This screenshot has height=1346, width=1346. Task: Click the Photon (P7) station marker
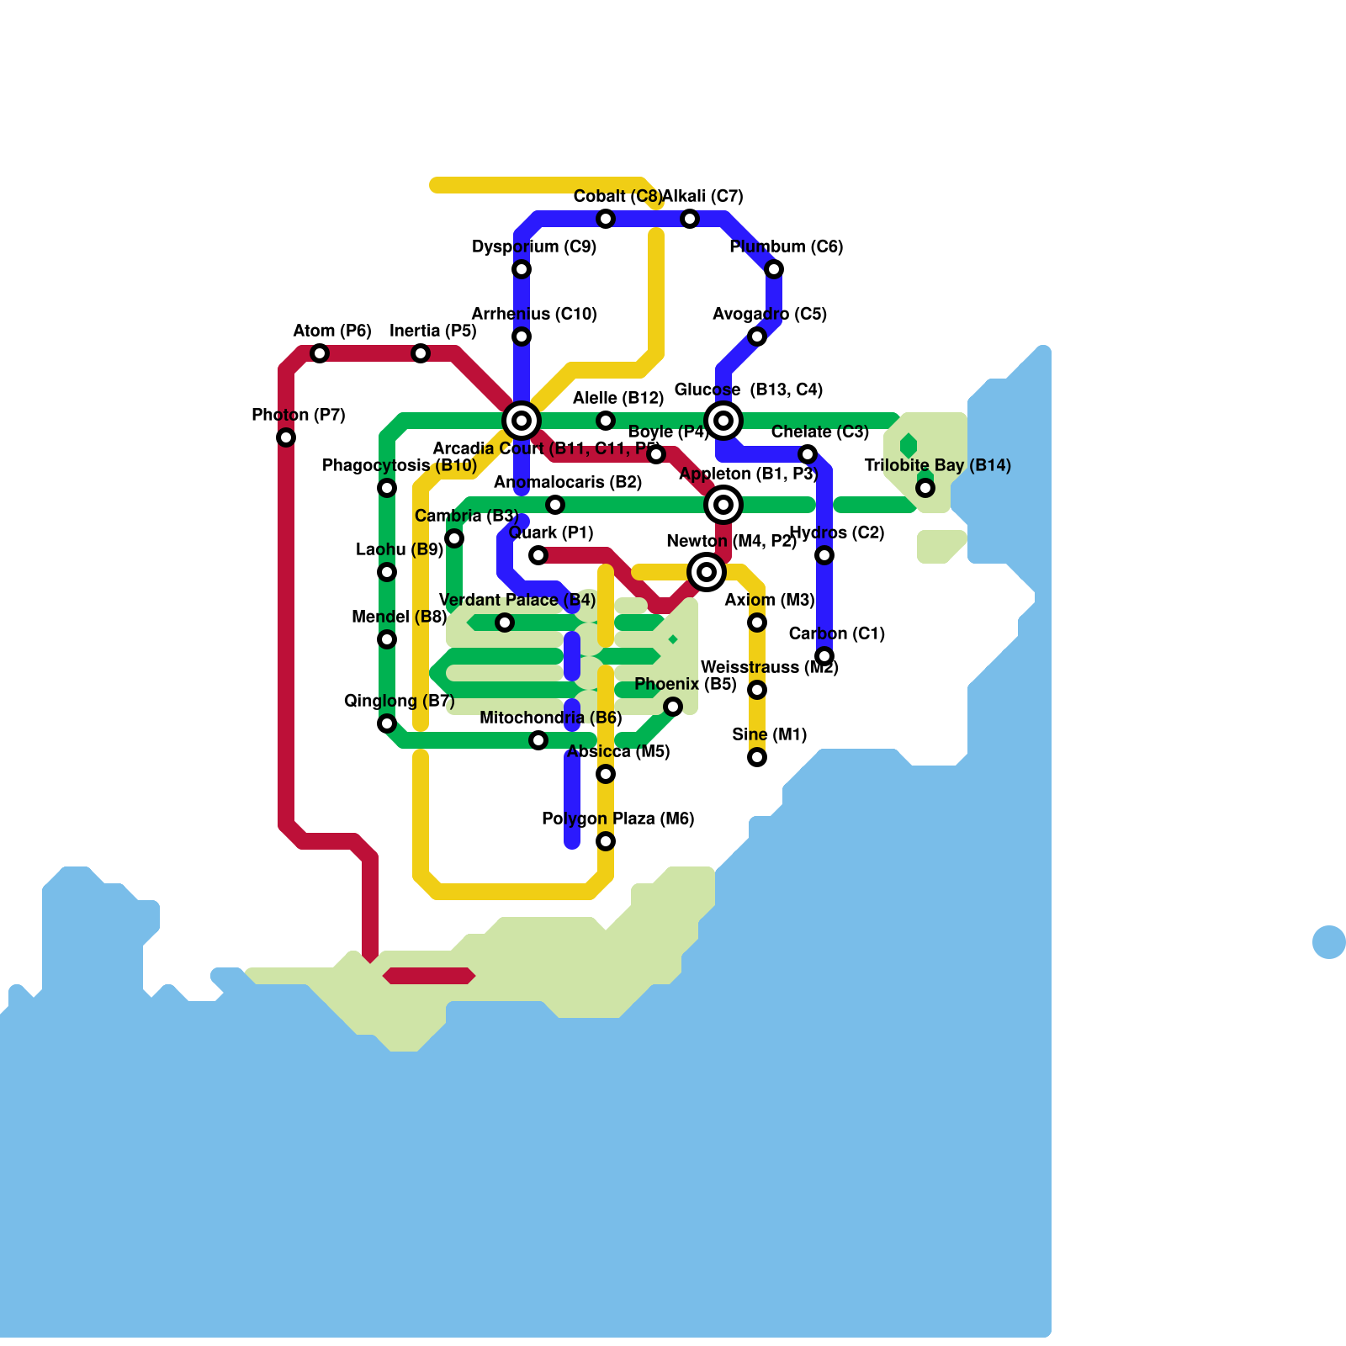[x=286, y=437]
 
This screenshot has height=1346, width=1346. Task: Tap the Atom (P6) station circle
[x=320, y=353]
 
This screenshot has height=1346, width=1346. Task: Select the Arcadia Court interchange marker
[x=522, y=421]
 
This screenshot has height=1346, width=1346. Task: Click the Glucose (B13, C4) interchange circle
[x=723, y=421]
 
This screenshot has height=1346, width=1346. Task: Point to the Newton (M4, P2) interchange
[x=707, y=572]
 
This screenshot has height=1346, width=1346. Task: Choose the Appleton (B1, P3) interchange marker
[x=723, y=505]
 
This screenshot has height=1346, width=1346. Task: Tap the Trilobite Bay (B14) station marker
[x=925, y=488]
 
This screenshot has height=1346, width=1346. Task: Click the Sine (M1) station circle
[x=757, y=757]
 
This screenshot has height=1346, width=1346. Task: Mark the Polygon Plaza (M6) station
[x=606, y=841]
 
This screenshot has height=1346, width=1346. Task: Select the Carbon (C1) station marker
[x=824, y=656]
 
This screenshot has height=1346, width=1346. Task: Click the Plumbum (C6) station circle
[x=774, y=269]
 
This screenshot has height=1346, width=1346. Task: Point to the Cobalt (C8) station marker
[x=606, y=219]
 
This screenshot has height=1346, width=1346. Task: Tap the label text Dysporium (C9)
[x=534, y=246]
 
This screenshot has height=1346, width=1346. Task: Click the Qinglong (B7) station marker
[x=387, y=723]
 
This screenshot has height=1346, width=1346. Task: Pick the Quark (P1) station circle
[x=538, y=555]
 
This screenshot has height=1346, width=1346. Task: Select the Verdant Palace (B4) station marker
[x=505, y=623]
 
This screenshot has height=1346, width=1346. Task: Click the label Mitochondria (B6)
[x=551, y=718]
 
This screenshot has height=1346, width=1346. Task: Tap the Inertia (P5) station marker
[x=421, y=353]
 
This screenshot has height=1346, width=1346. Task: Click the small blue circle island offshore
[x=1328, y=941]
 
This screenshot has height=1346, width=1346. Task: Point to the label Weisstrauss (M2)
[x=769, y=667]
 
